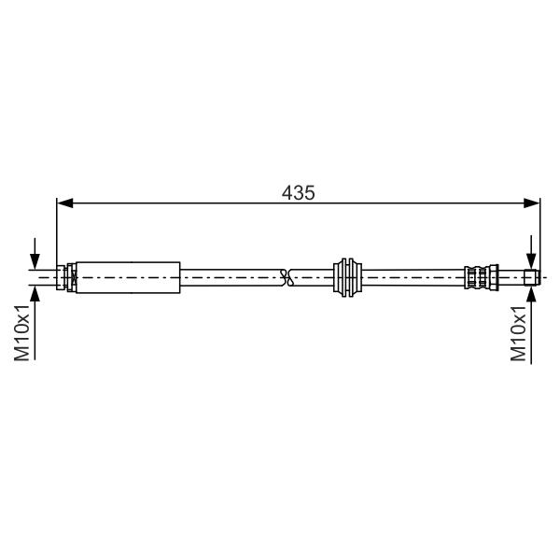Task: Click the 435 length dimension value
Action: point(299,193)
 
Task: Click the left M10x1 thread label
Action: point(21,333)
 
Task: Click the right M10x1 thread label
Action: point(518,333)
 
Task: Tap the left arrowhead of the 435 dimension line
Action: point(65,203)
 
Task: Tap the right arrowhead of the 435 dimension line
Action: point(532,203)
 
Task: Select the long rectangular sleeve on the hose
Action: point(128,277)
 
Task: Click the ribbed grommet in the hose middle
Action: point(347,277)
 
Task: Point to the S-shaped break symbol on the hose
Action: point(287,277)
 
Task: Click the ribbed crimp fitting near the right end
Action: point(481,277)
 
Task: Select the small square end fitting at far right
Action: point(532,277)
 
